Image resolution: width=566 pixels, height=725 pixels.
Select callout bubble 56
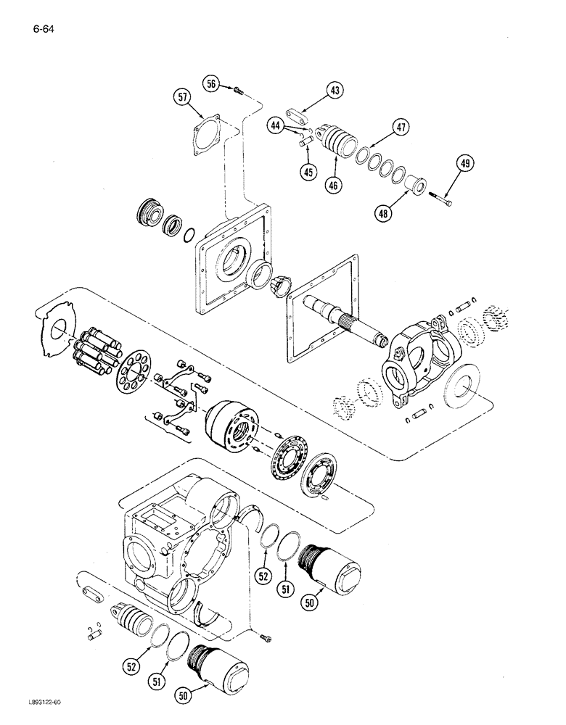coord(212,85)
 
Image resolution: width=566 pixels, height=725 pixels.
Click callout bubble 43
coord(335,91)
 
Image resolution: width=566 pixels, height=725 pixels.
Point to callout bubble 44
coord(277,125)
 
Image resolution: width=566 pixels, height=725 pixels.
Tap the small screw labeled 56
coord(237,89)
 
